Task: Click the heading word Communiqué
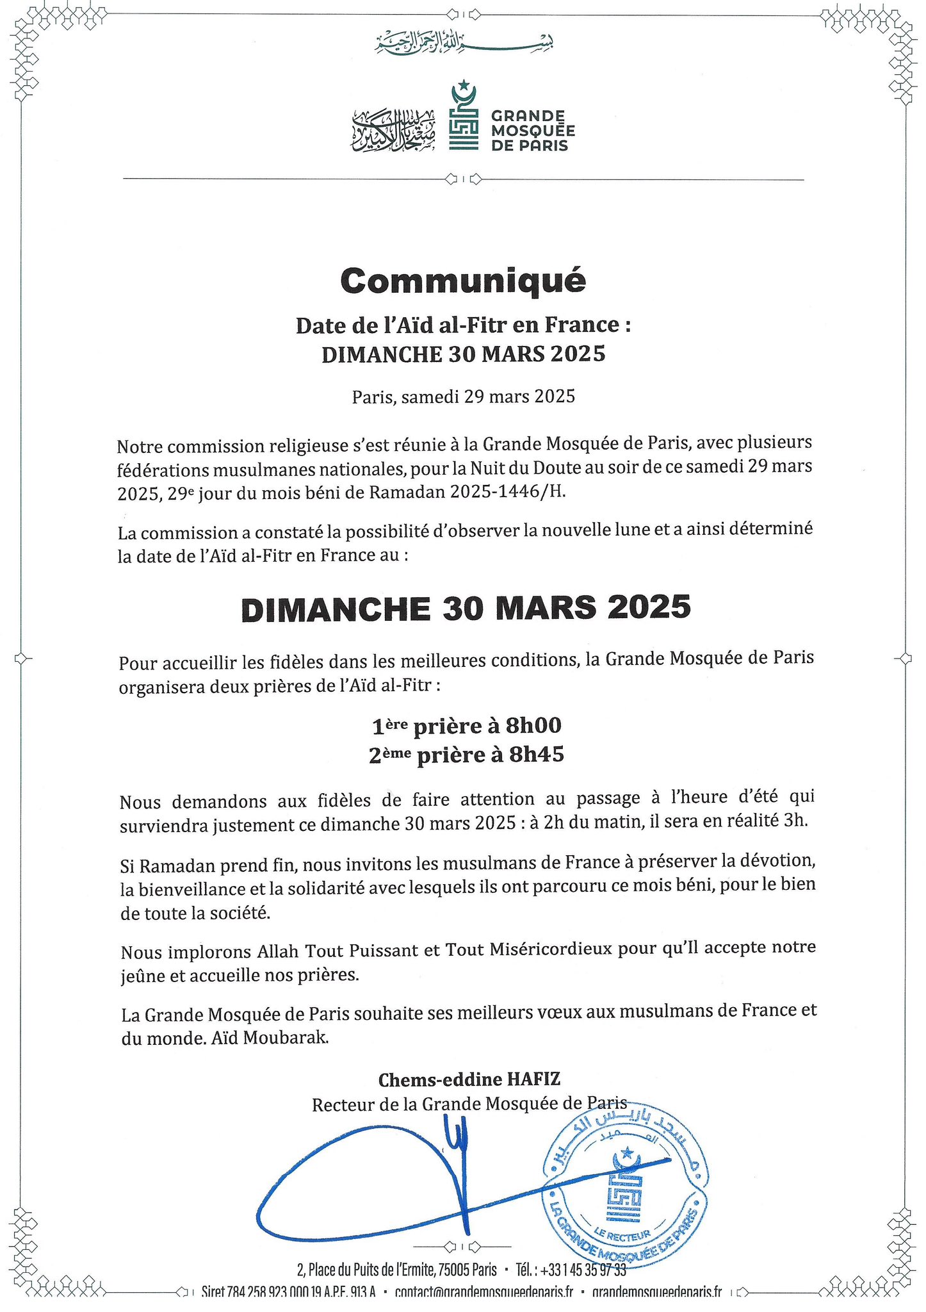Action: coord(462,281)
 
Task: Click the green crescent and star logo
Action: coord(464,116)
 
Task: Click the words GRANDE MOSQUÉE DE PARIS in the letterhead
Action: coord(532,131)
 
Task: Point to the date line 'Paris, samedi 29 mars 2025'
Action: coord(463,397)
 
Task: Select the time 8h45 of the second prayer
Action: coord(536,755)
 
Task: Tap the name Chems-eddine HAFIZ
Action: coord(469,1079)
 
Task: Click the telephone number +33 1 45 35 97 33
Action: coord(583,1269)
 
